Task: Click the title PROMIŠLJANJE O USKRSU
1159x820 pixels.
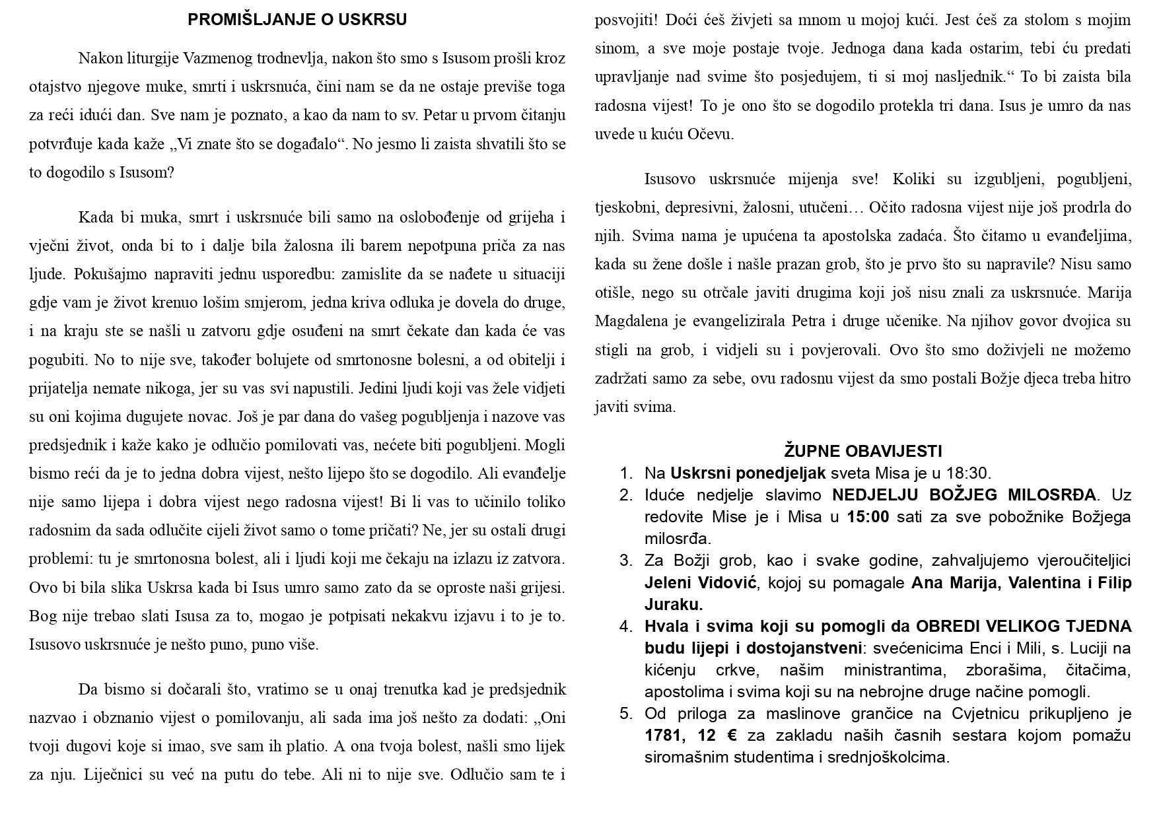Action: tap(297, 20)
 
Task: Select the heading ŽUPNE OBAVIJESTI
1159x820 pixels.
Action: tap(862, 452)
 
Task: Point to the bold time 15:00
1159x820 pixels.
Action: tap(868, 517)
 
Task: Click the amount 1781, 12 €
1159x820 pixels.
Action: tap(691, 735)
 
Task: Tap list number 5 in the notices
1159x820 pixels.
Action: tap(625, 714)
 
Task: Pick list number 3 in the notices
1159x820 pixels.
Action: tap(625, 561)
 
